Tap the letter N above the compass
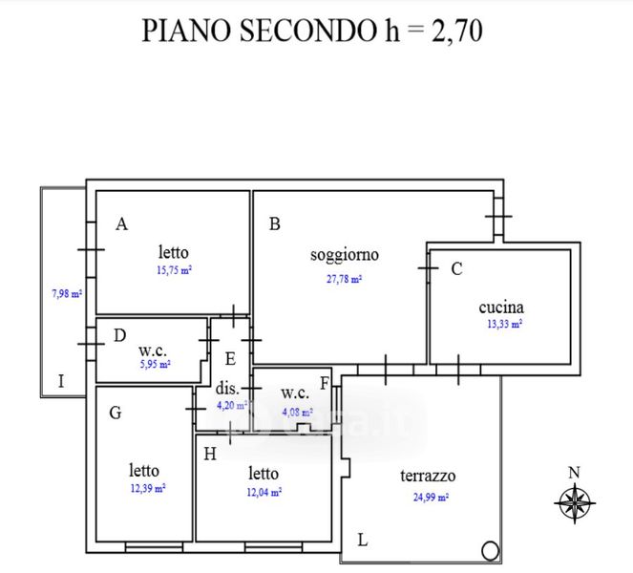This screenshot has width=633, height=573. click(x=574, y=472)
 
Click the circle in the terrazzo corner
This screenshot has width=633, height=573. click(x=490, y=550)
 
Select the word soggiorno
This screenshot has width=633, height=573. click(x=345, y=255)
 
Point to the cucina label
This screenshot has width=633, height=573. click(x=501, y=308)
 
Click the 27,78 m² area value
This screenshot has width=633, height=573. click(x=344, y=280)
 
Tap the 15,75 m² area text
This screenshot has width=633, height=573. click(x=175, y=270)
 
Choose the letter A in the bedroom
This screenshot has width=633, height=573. click(x=121, y=224)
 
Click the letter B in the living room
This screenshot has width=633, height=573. click(x=274, y=225)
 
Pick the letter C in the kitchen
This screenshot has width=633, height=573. click(x=456, y=269)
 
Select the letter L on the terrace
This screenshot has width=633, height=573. click(x=363, y=540)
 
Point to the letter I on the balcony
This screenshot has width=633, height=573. click(x=61, y=381)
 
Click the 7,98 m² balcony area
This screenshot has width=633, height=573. click(x=67, y=293)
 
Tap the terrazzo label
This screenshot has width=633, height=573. click(x=428, y=476)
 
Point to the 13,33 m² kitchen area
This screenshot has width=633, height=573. click(x=503, y=325)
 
